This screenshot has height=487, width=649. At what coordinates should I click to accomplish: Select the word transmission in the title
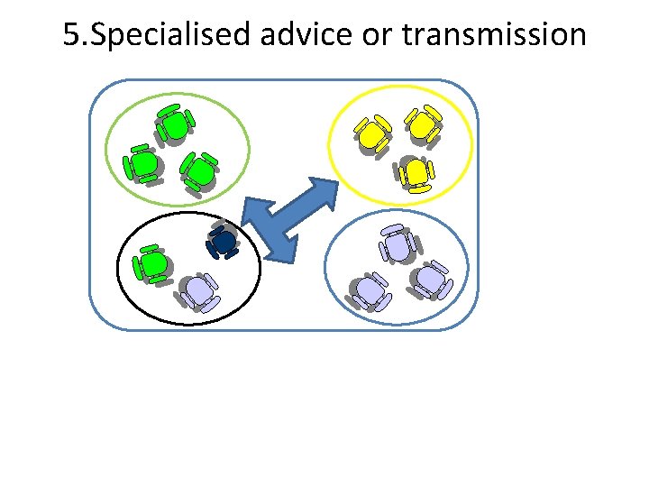coord(494,36)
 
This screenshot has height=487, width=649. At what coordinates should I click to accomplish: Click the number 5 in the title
coord(72,36)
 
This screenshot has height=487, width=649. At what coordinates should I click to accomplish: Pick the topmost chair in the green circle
coord(174,124)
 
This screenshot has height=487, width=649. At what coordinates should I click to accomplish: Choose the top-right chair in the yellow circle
coord(422,124)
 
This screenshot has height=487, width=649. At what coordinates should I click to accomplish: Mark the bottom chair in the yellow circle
coord(416,172)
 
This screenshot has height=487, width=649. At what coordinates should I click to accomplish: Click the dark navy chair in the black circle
coord(222,242)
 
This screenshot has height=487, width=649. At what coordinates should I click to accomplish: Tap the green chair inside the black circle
coord(152,263)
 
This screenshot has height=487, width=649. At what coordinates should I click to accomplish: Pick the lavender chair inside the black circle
coord(197,290)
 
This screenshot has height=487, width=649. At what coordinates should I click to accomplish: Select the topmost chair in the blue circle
coord(397,243)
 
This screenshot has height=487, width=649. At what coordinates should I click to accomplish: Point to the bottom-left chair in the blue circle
coord(367,290)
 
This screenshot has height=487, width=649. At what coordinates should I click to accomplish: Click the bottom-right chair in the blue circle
coord(431,280)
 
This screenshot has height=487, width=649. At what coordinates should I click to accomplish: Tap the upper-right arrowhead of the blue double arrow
coord(320,193)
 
